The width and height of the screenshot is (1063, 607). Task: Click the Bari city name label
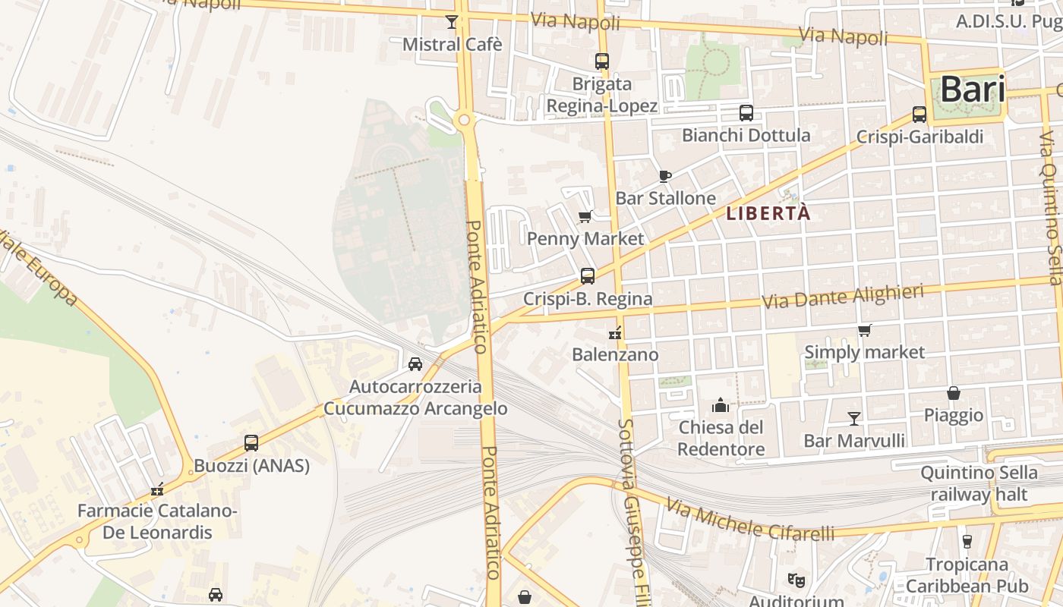coord(973,90)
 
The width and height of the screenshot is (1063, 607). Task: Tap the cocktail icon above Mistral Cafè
coord(452,21)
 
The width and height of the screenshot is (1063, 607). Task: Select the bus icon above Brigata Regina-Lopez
coord(602,61)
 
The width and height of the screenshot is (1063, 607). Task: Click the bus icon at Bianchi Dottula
coord(746,113)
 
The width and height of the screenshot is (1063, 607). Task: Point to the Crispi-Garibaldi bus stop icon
coord(919,115)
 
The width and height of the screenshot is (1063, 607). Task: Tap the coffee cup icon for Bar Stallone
coord(665,176)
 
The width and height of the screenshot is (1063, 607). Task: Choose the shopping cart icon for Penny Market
coord(585,217)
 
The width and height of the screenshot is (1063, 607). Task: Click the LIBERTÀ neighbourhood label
coord(768,214)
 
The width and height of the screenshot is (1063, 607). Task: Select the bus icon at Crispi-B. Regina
coord(588,276)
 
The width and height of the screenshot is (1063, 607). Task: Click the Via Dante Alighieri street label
coord(843,296)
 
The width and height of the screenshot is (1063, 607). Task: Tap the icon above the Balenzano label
coord(615,332)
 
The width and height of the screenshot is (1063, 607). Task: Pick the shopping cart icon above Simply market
coord(864,330)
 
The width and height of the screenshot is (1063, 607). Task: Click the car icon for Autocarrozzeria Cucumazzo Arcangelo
coord(415,364)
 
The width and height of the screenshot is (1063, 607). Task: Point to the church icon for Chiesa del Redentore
coord(721,405)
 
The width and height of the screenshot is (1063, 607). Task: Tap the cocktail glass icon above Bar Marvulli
coord(854,418)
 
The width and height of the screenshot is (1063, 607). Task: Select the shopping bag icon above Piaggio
coord(954,393)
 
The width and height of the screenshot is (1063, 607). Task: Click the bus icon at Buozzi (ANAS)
coord(251,443)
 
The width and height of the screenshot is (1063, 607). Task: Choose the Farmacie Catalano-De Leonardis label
coord(158,521)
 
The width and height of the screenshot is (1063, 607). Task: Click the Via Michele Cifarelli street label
coord(750,521)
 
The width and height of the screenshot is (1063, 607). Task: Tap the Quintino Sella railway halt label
coord(979,483)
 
